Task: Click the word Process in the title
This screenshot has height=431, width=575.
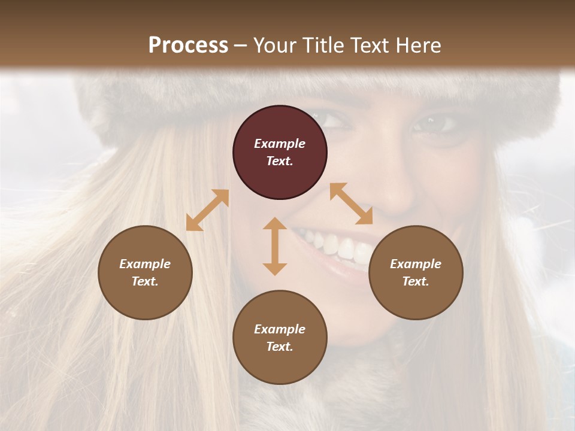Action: click(188, 45)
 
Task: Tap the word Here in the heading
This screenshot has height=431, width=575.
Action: click(419, 45)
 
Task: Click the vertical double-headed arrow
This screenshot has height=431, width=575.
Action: click(275, 246)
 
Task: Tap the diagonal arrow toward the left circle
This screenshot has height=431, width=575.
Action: click(207, 210)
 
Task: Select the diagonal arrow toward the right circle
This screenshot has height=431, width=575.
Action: click(351, 204)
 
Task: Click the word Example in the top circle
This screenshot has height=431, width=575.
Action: click(280, 144)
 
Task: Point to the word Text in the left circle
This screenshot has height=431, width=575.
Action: click(145, 281)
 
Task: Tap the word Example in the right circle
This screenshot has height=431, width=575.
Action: click(416, 264)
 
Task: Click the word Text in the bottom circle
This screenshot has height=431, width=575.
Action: click(280, 347)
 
